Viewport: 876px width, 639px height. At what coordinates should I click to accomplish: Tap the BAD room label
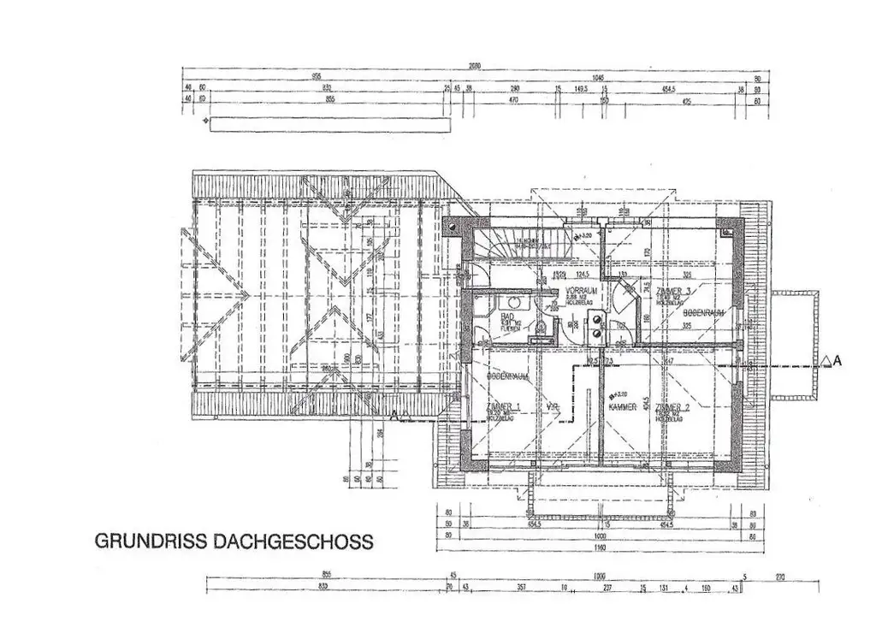point(506,317)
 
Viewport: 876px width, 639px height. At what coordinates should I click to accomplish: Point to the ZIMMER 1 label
point(503,405)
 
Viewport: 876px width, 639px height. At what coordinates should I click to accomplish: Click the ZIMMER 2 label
point(672,407)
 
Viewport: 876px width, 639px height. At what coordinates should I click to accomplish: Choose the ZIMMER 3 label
point(673,293)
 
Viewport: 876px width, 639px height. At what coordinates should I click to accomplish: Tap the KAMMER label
point(622,408)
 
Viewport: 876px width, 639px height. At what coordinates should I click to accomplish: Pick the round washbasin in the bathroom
point(516,301)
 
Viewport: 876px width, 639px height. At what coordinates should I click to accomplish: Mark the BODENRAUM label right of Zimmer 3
point(704,314)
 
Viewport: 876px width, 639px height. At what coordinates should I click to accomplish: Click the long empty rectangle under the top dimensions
point(330,125)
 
